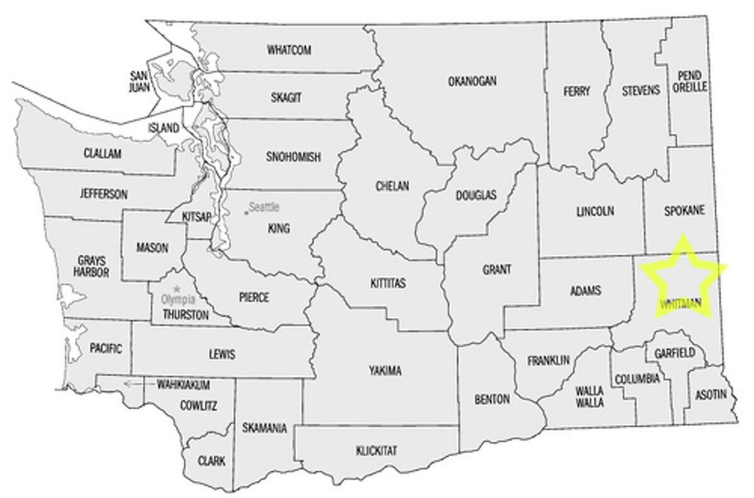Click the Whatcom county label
(289, 50)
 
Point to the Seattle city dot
(246, 213)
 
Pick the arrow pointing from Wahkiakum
(133, 382)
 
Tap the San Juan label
(139, 81)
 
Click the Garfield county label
(671, 353)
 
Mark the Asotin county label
(711, 396)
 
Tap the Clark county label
(210, 460)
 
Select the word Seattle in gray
(264, 206)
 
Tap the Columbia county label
(637, 379)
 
